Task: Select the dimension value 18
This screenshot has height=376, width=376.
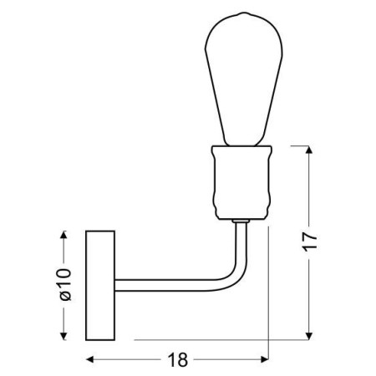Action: tap(176, 360)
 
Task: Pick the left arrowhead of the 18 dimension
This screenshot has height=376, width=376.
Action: tap(91, 360)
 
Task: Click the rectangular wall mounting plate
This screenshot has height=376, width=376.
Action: tap(100, 285)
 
